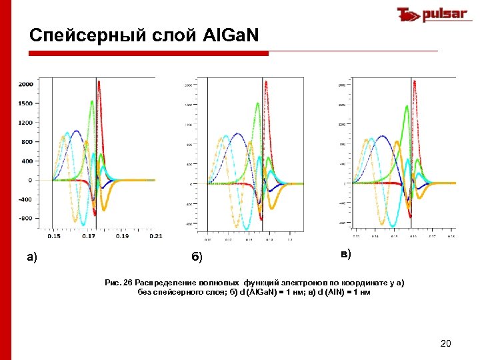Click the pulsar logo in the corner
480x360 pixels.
click(431, 15)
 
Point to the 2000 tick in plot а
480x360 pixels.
click(25, 84)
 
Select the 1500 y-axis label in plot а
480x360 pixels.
click(25, 103)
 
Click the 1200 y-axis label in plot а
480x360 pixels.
click(25, 123)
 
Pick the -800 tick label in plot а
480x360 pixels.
click(25, 218)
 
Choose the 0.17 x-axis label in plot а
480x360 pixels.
click(89, 235)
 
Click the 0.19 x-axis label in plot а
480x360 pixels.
click(122, 235)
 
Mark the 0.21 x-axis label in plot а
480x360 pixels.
click(155, 235)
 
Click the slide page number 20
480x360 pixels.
click(446, 343)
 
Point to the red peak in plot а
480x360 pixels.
click(99, 82)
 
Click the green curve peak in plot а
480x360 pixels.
click(92, 101)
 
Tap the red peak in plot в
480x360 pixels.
click(417, 85)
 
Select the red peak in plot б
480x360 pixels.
click(266, 82)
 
